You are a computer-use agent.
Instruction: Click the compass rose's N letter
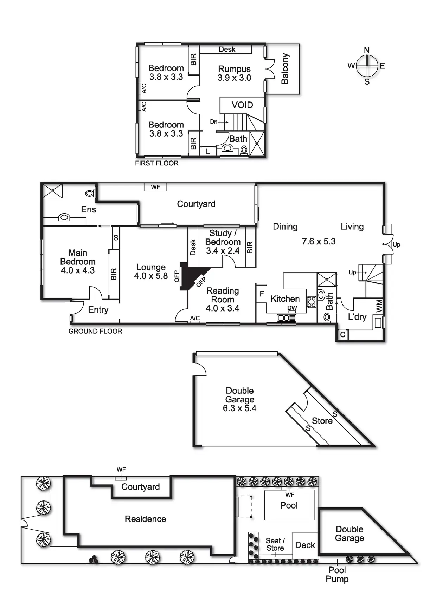point(367,50)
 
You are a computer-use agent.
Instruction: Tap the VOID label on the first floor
point(242,105)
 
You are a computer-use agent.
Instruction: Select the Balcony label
point(285,69)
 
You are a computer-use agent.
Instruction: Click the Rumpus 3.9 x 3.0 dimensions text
point(234,78)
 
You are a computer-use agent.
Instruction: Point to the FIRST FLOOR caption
point(157,163)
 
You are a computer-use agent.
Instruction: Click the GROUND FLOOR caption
point(95,331)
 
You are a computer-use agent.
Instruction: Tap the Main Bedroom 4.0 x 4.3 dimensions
point(78,270)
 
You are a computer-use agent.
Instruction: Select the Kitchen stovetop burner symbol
point(312,302)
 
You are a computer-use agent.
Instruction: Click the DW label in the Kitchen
point(292,308)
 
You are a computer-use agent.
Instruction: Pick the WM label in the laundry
point(379,306)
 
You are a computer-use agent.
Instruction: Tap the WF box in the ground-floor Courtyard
point(155,187)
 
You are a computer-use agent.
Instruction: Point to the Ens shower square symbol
point(52,191)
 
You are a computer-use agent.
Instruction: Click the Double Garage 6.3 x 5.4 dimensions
point(239,408)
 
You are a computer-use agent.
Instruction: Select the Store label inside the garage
point(322,421)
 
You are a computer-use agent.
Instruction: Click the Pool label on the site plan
point(289,505)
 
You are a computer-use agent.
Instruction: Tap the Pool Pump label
point(337,575)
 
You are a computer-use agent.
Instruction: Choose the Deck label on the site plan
point(305,545)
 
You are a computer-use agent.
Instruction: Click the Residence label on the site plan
point(145,519)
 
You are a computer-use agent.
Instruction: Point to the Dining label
point(285,227)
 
